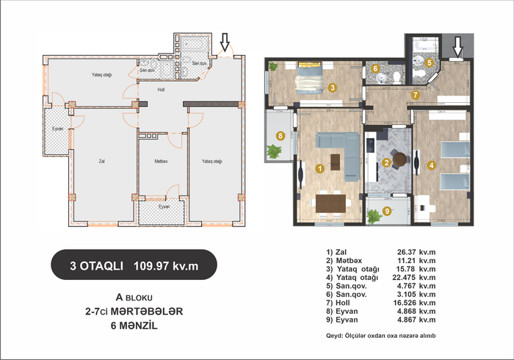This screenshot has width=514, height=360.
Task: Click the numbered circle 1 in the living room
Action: pyautogui.click(x=319, y=169)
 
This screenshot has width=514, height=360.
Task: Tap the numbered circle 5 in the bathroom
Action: pyautogui.click(x=429, y=62)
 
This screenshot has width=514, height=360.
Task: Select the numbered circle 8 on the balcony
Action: pyautogui.click(x=280, y=135)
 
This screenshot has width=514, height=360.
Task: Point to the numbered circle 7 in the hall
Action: pyautogui.click(x=416, y=95)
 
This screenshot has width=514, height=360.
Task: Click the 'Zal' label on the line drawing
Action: pyautogui.click(x=101, y=162)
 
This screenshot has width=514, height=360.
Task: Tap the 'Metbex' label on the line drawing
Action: pyautogui.click(x=161, y=162)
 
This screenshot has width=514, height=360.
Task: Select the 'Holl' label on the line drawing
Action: pyautogui.click(x=161, y=90)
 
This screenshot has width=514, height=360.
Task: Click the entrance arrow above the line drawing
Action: pyautogui.click(x=225, y=42)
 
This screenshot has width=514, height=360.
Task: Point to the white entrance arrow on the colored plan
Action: pyautogui.click(x=457, y=46)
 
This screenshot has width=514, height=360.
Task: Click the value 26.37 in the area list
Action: pyautogui.click(x=407, y=252)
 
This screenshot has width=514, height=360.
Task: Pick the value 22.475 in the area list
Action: pyautogui.click(x=405, y=278)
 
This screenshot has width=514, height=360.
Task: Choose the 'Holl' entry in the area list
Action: pyautogui.click(x=343, y=303)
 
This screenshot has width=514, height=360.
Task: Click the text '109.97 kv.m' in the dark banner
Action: pyautogui.click(x=166, y=266)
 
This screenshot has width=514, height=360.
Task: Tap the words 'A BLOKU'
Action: pyautogui.click(x=134, y=298)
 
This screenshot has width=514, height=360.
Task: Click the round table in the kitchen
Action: pyautogui.click(x=399, y=159)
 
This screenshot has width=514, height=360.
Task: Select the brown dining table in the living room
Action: pyautogui.click(x=330, y=204)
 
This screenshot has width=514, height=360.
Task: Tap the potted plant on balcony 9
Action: pyautogui.click(x=373, y=217)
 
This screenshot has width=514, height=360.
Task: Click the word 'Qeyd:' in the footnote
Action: pyautogui.click(x=334, y=336)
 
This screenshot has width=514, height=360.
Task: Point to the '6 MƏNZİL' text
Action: pyautogui.click(x=134, y=325)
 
